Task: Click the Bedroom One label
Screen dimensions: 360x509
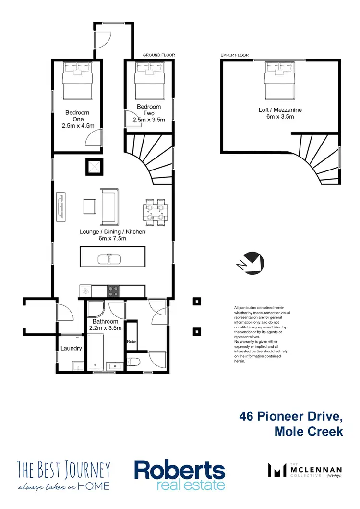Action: (77, 116)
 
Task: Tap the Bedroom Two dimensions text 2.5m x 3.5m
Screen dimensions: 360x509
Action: (149, 120)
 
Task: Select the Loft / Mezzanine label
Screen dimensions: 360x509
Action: (280, 110)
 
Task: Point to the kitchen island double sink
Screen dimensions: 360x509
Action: (110, 259)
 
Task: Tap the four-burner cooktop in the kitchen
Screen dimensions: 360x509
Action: (113, 291)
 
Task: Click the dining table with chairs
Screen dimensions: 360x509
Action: (156, 212)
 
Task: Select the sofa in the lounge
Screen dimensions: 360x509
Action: (110, 207)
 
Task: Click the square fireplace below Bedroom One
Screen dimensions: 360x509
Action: (95, 167)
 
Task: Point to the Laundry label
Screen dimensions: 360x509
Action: (71, 348)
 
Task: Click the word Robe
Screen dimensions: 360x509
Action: (132, 342)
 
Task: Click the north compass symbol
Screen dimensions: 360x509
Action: (251, 263)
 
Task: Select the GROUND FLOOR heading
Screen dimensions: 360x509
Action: (159, 55)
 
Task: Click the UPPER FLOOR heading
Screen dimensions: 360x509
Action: (235, 55)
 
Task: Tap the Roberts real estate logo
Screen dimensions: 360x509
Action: (180, 474)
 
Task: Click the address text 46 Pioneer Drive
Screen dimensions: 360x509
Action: (291, 416)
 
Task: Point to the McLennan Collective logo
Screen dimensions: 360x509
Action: (305, 471)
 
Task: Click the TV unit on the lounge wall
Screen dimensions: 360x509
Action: (60, 207)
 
